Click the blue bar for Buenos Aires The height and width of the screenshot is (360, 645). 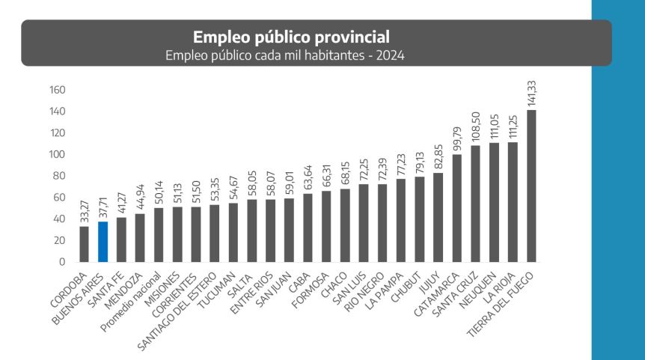point(103,242)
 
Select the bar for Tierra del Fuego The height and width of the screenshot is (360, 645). point(531,186)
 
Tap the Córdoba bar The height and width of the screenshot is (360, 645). point(85,244)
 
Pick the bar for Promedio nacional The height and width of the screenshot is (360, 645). point(159,235)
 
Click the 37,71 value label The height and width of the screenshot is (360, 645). point(103,204)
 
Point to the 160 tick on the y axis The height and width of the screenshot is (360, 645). point(58,90)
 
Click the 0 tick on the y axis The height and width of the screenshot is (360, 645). point(64,262)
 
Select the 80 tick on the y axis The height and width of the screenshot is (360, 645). point(60,176)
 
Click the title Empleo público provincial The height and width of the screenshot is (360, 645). point(291,37)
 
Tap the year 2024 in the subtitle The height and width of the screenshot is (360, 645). point(391,55)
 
